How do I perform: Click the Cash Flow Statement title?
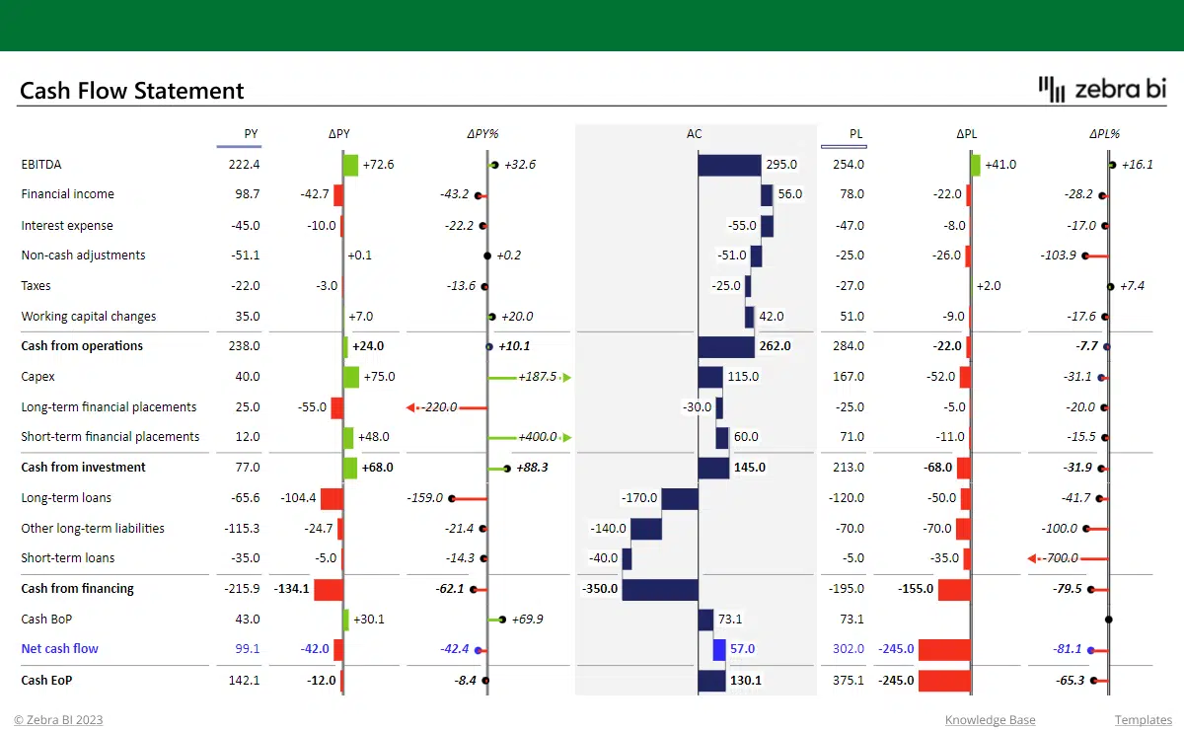[132, 91]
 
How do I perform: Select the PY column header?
[251, 134]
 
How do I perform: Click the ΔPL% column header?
[1104, 134]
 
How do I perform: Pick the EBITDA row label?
[41, 165]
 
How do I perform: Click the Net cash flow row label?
[60, 649]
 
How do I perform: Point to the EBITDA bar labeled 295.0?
[729, 165]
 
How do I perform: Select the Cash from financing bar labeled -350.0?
[659, 589]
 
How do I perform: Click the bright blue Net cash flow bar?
[719, 649]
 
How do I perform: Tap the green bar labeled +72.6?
[350, 165]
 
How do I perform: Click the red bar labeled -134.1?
[329, 589]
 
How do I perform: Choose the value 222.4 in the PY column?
[244, 165]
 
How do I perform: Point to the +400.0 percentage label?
[537, 437]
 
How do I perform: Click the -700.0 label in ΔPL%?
[1061, 558]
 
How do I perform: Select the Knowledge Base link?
[990, 720]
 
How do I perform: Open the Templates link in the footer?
[1143, 720]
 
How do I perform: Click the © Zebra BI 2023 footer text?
[58, 720]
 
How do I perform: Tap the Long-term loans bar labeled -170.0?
[679, 498]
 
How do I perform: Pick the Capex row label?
[38, 377]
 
